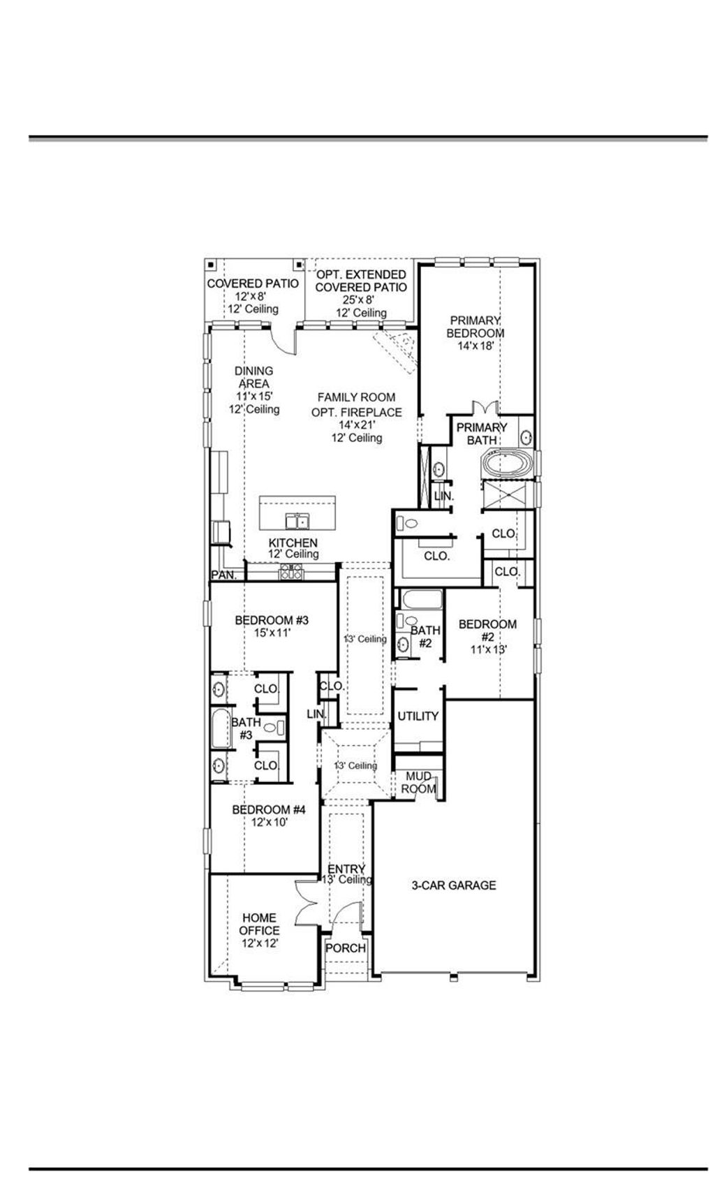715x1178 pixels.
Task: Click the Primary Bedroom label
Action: pos(476,327)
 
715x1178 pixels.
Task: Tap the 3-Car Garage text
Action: pos(453,885)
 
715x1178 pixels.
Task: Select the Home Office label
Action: pos(259,924)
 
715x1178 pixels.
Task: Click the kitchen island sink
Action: pos(298,521)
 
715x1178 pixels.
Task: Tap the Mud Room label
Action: pos(418,783)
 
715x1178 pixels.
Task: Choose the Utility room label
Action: pos(418,716)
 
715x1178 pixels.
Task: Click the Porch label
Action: pos(346,948)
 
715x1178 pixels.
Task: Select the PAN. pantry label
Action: pos(224,575)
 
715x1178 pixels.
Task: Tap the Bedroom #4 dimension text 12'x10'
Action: pos(270,823)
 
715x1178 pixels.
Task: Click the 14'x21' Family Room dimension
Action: pos(357,425)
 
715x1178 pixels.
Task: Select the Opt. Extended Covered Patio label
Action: pos(360,281)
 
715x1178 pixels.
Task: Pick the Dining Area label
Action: pos(254,377)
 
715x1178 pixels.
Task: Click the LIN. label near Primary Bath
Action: pos(443,496)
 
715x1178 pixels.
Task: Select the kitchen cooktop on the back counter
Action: pos(290,573)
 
